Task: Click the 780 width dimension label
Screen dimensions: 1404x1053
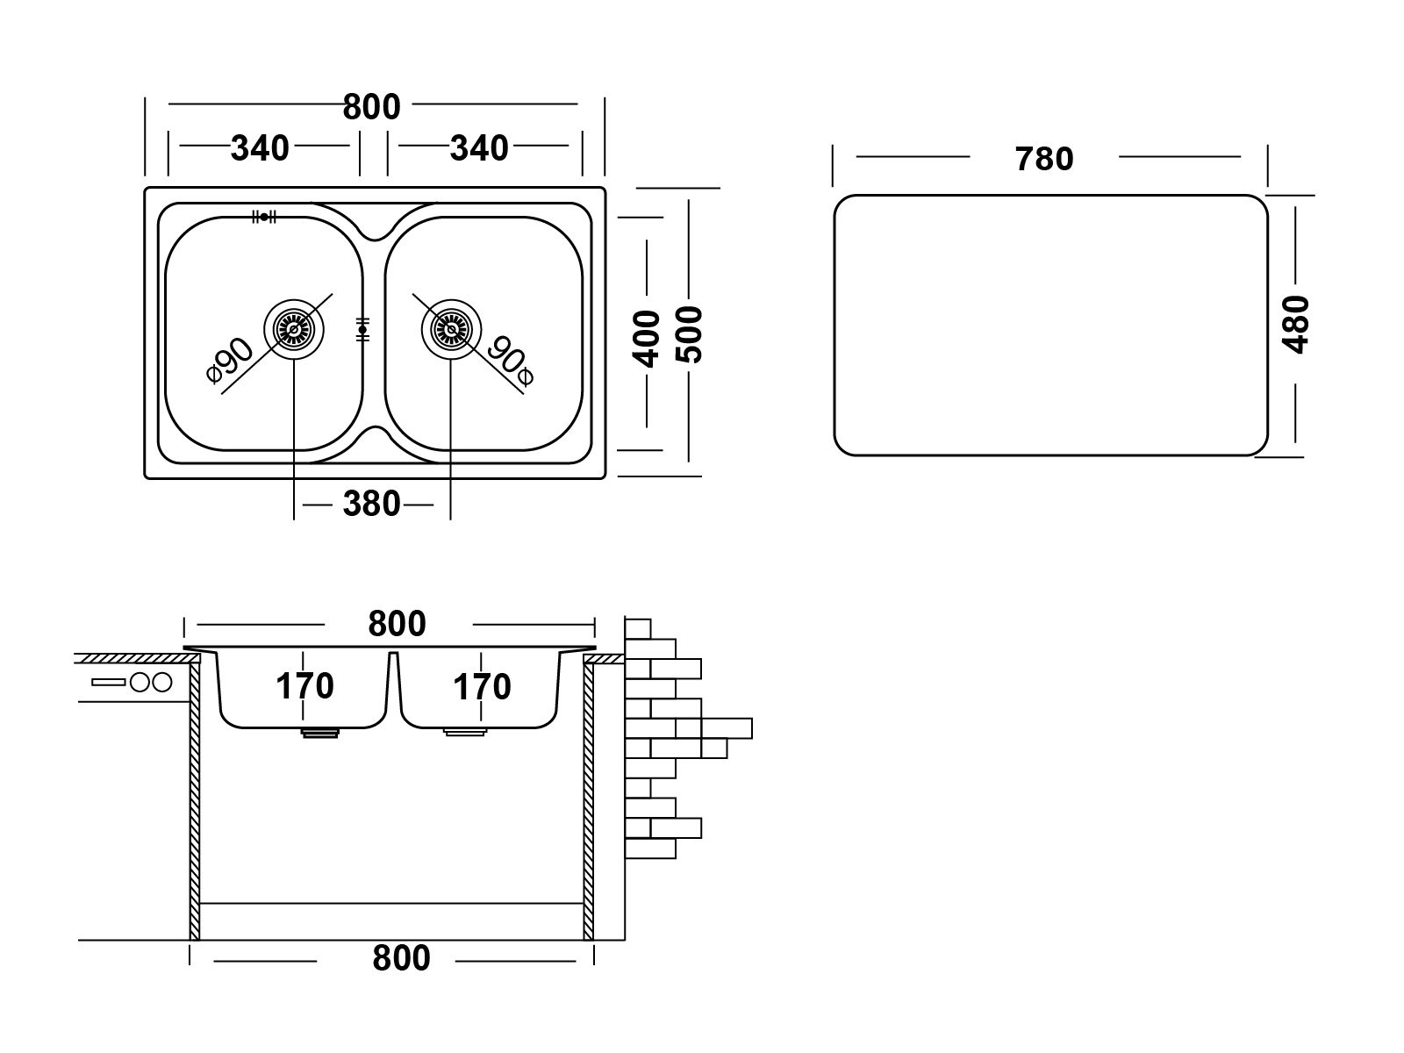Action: [x=1043, y=159]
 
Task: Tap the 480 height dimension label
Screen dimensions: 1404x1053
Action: [x=1295, y=324]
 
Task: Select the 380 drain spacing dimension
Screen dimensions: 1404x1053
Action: [x=371, y=505]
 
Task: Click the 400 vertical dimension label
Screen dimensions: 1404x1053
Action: [x=647, y=339]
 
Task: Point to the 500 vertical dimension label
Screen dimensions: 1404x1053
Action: [x=690, y=335]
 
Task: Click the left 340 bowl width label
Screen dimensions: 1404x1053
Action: [x=260, y=148]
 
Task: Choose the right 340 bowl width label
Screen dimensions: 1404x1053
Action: [x=479, y=148]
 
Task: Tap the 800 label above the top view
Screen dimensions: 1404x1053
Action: [x=372, y=107]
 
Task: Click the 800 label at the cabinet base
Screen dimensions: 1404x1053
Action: [x=401, y=958]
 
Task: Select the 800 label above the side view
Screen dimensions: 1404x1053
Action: [x=397, y=624]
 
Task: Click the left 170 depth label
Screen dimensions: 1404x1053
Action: [x=304, y=687]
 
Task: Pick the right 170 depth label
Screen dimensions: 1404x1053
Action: [x=482, y=687]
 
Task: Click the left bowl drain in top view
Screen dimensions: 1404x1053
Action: [x=294, y=329]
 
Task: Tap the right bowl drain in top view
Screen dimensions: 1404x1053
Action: [x=451, y=329]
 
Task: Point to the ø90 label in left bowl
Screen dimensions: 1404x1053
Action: [x=230, y=360]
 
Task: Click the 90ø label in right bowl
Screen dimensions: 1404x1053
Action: [x=511, y=362]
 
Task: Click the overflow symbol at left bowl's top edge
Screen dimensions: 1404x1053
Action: [x=263, y=218]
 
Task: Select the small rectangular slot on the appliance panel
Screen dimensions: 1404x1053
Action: [x=108, y=682]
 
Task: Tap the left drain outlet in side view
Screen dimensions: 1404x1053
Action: [x=319, y=733]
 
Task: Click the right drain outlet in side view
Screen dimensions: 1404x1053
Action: [x=465, y=732]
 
